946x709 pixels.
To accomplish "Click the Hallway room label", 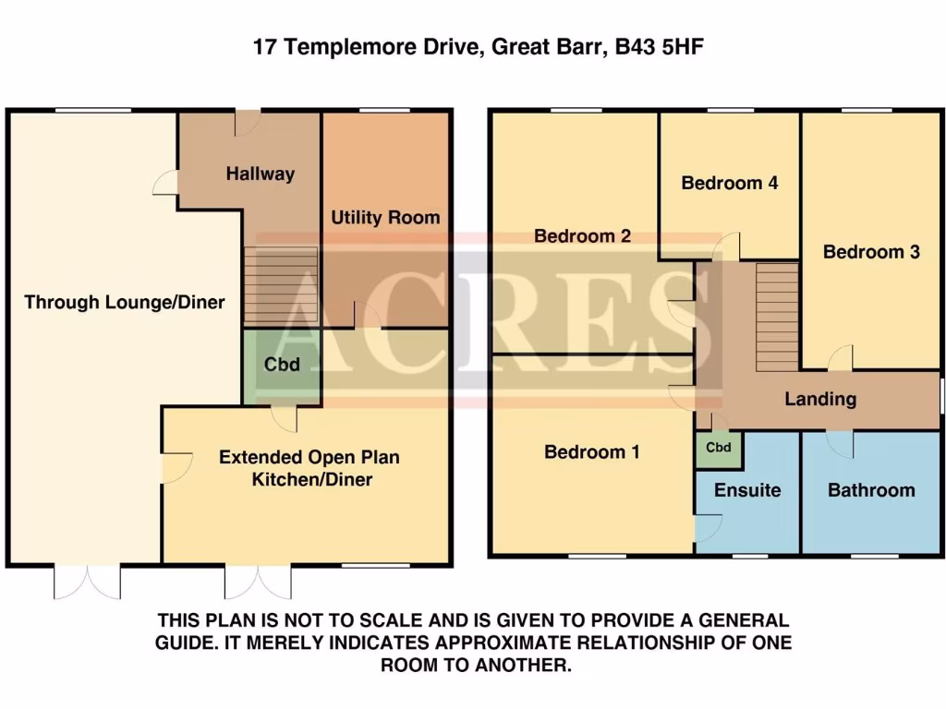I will pyautogui.click(x=261, y=174).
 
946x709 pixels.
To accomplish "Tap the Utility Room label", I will pyautogui.click(x=385, y=218).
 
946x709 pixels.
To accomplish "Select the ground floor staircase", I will pyautogui.click(x=281, y=287).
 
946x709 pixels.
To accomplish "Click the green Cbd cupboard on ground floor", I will pyautogui.click(x=282, y=366).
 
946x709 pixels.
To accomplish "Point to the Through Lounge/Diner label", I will pyautogui.click(x=124, y=302).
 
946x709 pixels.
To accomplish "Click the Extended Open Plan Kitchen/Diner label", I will pyautogui.click(x=309, y=468).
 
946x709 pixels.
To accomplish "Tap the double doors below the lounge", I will pyautogui.click(x=88, y=582).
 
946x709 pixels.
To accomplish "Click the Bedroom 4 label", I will pyautogui.click(x=729, y=183).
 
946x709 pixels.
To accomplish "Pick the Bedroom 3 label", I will pyautogui.click(x=871, y=252).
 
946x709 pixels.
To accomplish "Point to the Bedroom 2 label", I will pyautogui.click(x=582, y=236).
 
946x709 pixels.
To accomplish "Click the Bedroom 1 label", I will pyautogui.click(x=591, y=452).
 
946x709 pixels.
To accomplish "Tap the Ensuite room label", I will pyautogui.click(x=747, y=490).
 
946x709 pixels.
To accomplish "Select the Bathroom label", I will pyautogui.click(x=870, y=490).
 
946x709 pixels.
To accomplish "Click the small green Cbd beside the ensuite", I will pyautogui.click(x=719, y=448).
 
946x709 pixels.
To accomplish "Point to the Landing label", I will pyautogui.click(x=819, y=400).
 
